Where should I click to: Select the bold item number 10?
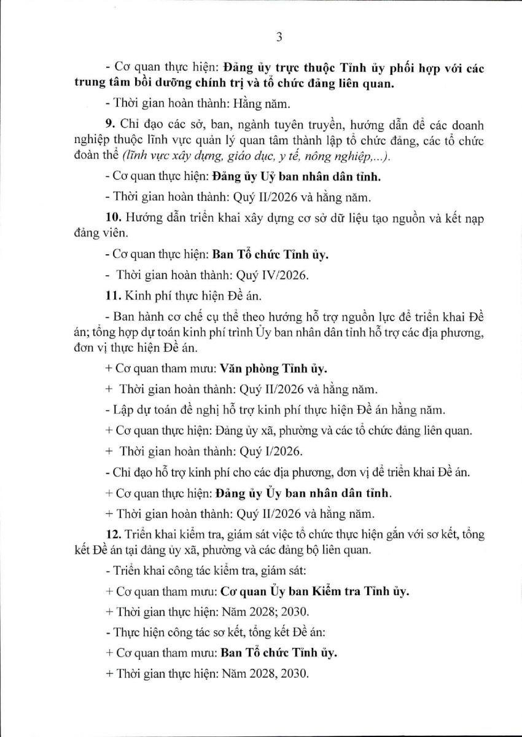click(111, 219)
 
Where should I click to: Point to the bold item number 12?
click(111, 534)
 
